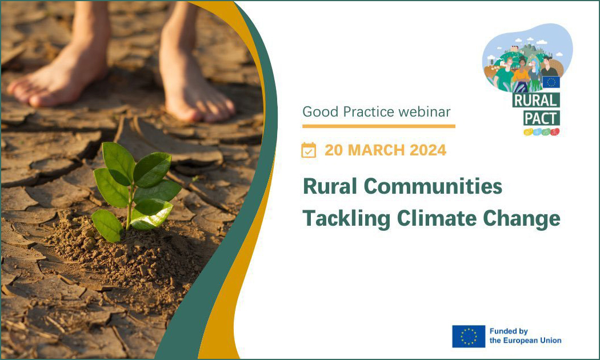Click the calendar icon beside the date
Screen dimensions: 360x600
(x=309, y=150)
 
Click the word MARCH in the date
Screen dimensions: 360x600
(x=374, y=150)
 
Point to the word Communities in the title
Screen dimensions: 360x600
(x=433, y=186)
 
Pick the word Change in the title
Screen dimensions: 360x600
(x=522, y=218)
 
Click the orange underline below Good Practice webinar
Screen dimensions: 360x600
(x=379, y=126)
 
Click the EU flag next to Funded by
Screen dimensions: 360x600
(x=469, y=336)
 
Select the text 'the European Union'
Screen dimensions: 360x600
(x=525, y=341)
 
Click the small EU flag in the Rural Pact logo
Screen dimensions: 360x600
(x=550, y=82)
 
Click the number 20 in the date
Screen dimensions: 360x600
(x=333, y=150)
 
